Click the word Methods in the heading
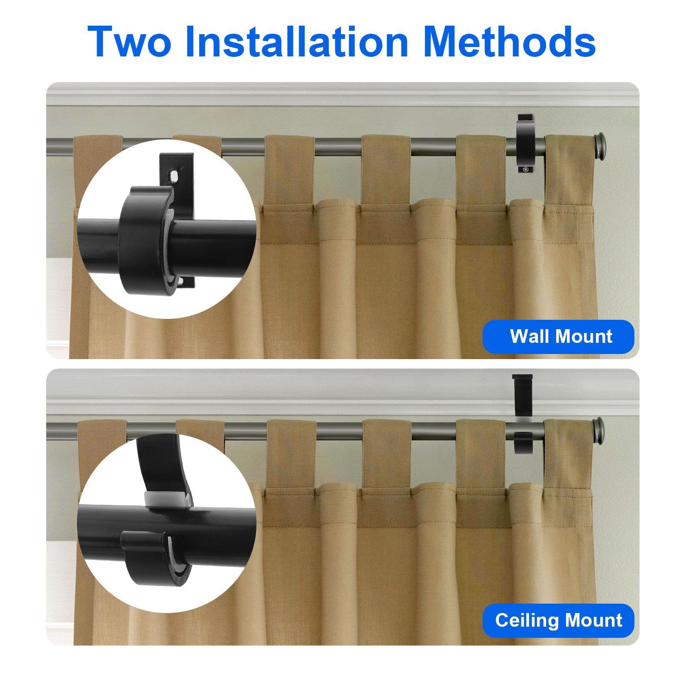pos(511,41)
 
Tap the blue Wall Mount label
pos(558,336)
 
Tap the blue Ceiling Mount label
pos(558,620)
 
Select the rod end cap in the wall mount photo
pos(600,141)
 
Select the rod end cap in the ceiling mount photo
pos(600,426)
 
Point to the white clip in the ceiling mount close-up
pos(167,498)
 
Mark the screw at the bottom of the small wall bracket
pos(525,170)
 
